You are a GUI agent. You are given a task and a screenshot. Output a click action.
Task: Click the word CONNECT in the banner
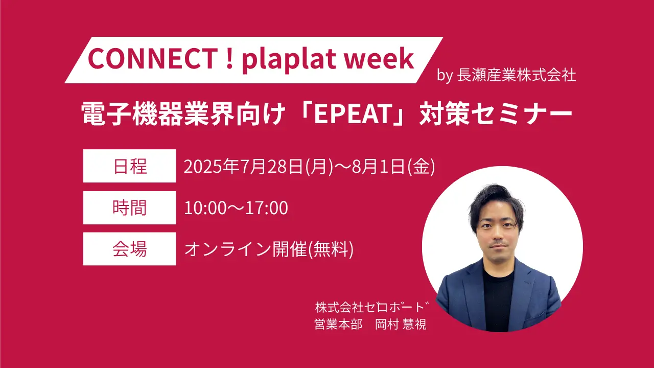[152, 58]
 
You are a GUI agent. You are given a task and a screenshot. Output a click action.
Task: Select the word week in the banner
[379, 58]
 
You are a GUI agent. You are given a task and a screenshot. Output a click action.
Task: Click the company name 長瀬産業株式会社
[517, 75]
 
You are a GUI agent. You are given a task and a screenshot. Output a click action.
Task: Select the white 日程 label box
[129, 166]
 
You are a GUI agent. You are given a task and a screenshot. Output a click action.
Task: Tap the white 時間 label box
[129, 208]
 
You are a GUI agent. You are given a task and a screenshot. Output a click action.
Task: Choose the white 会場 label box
[129, 249]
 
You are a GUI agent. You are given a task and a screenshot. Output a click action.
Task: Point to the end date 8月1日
[379, 167]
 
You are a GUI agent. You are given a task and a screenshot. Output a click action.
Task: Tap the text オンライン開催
[246, 249]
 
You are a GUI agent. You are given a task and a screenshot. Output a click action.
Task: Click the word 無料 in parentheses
[331, 249]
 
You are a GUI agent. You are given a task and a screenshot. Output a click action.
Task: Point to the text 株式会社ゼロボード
[371, 307]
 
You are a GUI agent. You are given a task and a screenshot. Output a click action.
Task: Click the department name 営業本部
[338, 324]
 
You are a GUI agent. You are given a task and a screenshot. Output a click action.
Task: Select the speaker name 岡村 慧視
[401, 324]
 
